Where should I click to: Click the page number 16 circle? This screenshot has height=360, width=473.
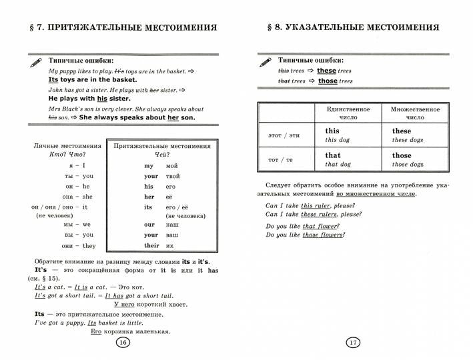[x=122, y=342]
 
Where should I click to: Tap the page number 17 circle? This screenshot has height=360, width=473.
[x=353, y=342]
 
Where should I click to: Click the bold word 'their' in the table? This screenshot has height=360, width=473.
[x=152, y=246]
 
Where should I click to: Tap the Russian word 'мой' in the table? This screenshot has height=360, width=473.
[x=172, y=165]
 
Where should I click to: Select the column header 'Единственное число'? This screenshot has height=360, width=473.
[x=348, y=112]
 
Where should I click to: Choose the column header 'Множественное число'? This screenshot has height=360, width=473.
[x=415, y=112]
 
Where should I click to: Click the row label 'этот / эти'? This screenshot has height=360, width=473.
[x=284, y=135]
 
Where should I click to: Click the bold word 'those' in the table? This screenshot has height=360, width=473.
[x=402, y=155]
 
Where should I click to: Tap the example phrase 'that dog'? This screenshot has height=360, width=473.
[x=338, y=164]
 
